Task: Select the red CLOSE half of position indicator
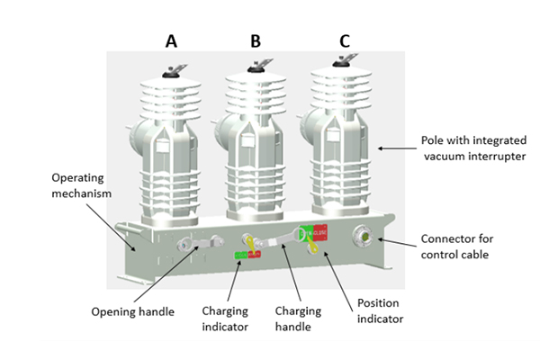319,233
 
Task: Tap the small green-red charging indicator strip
247,256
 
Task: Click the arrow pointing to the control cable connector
396,240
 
